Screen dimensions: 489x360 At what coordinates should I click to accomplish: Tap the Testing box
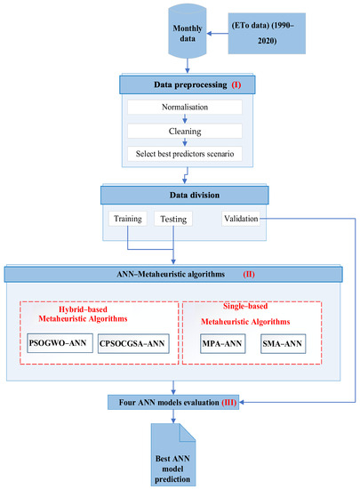pyautogui.click(x=172, y=218)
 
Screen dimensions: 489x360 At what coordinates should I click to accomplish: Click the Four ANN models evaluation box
pyautogui.click(x=180, y=403)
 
